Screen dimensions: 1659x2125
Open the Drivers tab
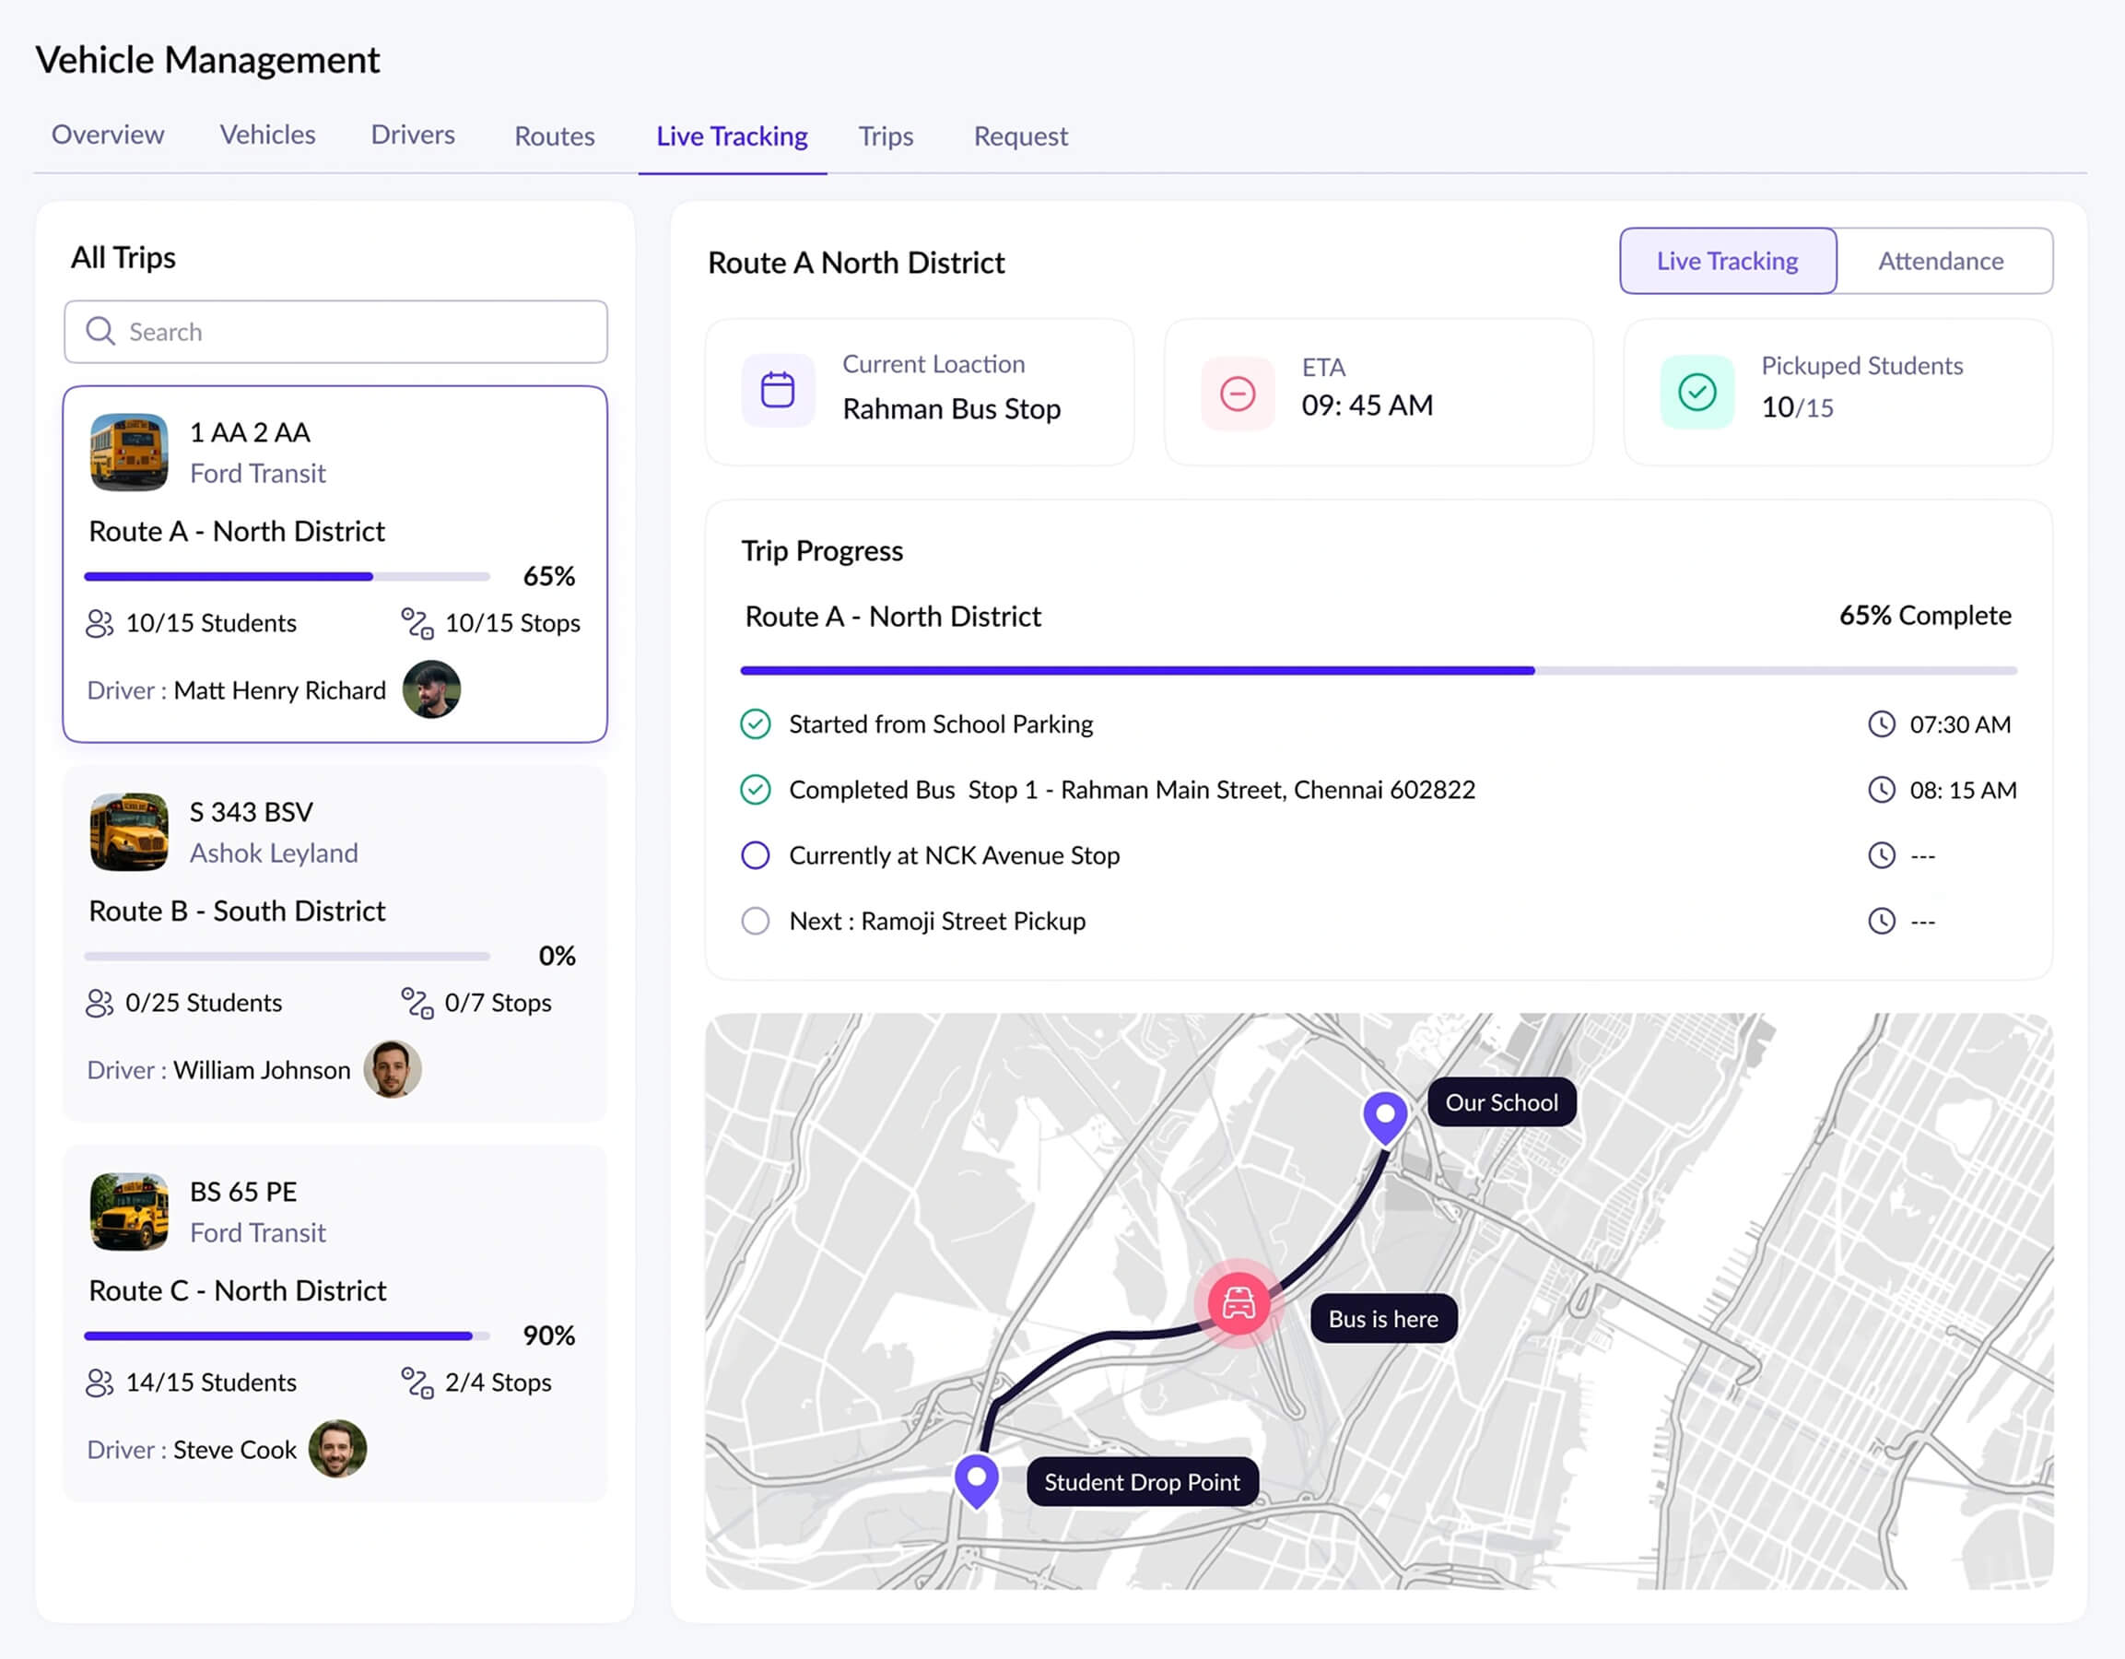(x=413, y=135)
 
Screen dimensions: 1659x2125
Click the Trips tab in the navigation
(x=886, y=136)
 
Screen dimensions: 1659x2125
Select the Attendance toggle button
(x=1940, y=261)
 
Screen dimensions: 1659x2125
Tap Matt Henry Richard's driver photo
(x=431, y=690)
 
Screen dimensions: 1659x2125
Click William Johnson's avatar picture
(x=393, y=1069)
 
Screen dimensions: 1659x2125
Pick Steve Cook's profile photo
(x=337, y=1449)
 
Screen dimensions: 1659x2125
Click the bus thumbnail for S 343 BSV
(x=129, y=832)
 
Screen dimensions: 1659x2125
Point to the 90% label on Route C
(x=549, y=1336)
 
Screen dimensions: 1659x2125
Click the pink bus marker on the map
(x=1239, y=1303)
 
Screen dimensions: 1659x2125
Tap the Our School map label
(x=1501, y=1102)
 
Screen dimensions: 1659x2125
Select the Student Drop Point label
(x=1142, y=1482)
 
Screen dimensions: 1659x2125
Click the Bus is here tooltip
(x=1382, y=1320)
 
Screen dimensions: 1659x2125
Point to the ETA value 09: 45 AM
(x=1367, y=406)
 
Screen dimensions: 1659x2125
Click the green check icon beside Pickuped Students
(x=1696, y=392)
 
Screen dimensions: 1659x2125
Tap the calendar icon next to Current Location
(x=778, y=391)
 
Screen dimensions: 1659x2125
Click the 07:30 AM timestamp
(x=1960, y=725)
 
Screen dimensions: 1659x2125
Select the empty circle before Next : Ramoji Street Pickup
(x=755, y=922)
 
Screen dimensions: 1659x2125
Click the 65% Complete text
(x=1924, y=616)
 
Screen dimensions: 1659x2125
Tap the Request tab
(x=1021, y=136)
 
